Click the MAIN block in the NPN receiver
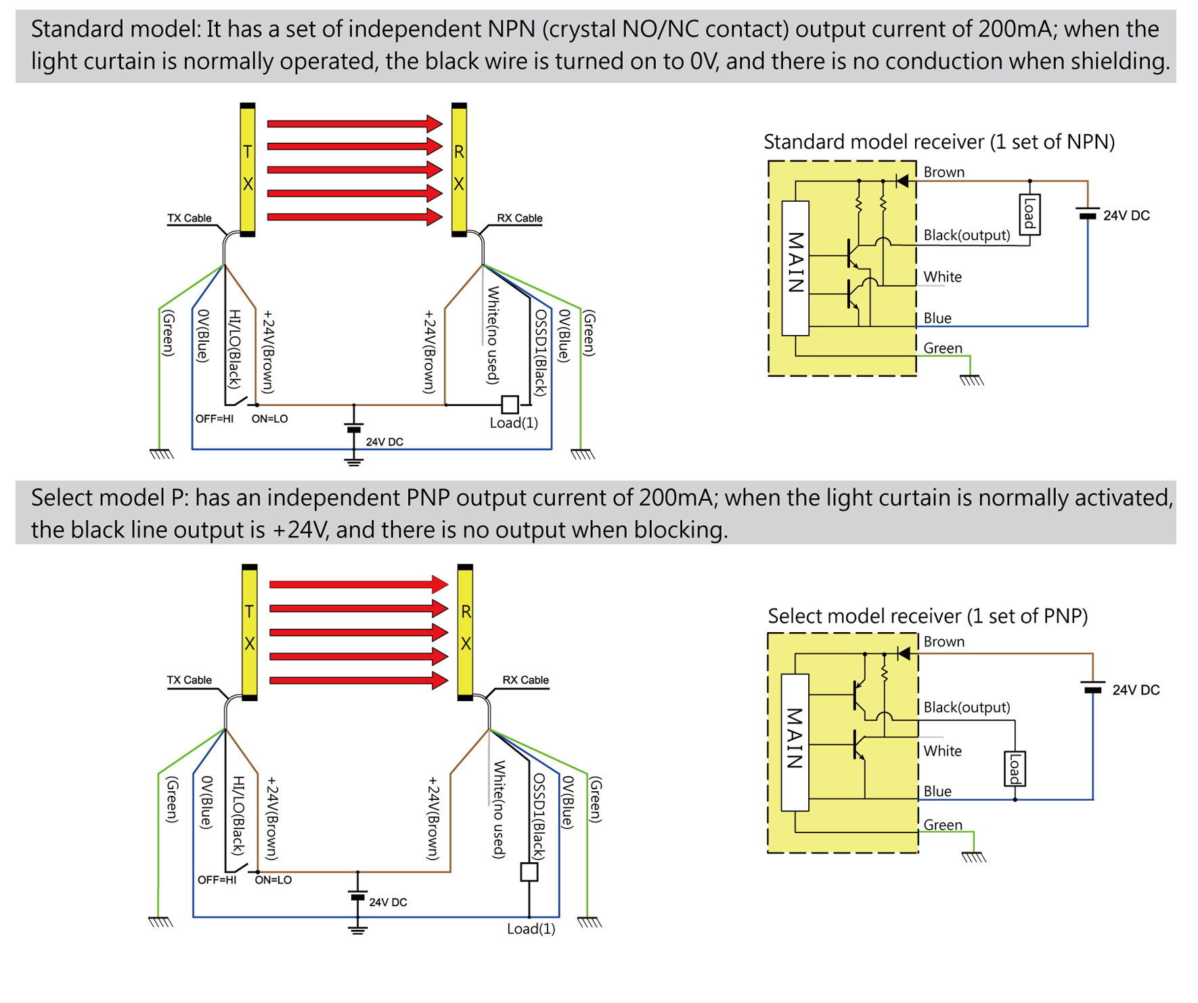coord(795,267)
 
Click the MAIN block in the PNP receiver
coord(795,742)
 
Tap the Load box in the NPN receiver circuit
coord(1029,215)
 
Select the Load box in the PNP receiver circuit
coord(1015,769)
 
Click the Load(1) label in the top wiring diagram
coord(514,423)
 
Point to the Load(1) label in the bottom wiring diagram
coord(531,929)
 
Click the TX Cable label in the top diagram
coord(190,218)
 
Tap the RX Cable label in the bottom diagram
coord(525,679)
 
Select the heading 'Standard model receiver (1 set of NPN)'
coord(939,142)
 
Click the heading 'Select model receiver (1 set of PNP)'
coord(927,616)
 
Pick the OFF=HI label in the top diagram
coord(215,419)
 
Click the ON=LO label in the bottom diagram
coord(273,880)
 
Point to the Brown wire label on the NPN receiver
coord(944,172)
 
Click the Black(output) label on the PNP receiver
coord(967,707)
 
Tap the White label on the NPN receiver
coord(942,277)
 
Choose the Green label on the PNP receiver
coord(942,824)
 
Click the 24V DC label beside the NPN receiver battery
coord(1126,215)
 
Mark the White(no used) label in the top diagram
coord(493,335)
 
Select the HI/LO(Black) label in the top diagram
coord(234,349)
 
